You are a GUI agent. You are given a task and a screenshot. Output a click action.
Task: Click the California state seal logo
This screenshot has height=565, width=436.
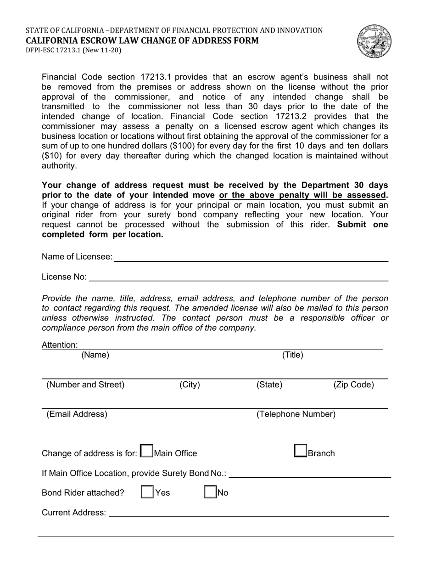(375, 42)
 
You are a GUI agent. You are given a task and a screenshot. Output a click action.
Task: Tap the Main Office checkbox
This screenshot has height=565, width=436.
(146, 451)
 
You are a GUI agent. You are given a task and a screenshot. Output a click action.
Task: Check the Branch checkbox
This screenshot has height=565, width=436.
(301, 451)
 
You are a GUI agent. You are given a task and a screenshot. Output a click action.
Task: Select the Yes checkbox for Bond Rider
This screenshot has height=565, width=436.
(147, 492)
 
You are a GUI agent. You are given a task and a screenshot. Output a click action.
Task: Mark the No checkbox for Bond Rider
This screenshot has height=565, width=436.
(210, 492)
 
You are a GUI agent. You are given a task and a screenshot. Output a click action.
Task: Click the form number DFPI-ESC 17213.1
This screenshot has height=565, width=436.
(73, 51)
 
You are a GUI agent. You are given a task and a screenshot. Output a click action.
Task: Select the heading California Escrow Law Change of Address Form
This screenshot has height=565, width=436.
(142, 40)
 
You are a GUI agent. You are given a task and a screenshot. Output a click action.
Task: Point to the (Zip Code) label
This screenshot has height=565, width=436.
(353, 385)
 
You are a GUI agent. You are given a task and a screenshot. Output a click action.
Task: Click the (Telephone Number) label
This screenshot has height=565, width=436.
(296, 414)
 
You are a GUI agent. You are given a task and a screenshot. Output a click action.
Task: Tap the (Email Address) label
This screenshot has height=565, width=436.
(77, 414)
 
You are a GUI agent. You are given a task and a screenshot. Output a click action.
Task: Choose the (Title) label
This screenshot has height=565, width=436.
(292, 355)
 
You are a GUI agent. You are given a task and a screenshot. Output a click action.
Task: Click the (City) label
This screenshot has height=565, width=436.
(190, 385)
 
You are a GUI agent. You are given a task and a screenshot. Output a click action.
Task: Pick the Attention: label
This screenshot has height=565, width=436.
(60, 345)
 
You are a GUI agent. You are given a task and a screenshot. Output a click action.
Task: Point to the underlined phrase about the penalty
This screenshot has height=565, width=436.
(303, 195)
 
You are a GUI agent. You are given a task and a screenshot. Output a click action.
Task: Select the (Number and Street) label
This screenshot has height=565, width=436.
(85, 385)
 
